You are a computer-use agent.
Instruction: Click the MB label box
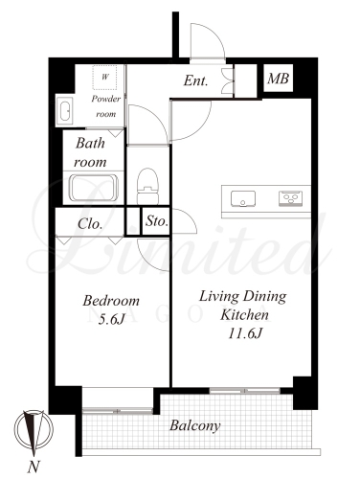coord(279,79)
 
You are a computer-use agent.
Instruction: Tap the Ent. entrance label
coord(195,80)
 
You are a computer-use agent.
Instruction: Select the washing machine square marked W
coord(104,78)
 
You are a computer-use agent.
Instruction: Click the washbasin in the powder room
coord(65,111)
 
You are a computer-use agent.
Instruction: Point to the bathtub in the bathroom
coord(95,188)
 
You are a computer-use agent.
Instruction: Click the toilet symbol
coord(147,186)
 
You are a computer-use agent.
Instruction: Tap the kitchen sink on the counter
coord(243,199)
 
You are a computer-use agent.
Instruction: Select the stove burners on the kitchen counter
coord(290,198)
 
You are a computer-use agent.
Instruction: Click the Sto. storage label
coord(156,221)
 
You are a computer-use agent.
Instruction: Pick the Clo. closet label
coord(90,224)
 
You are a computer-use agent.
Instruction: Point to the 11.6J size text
coord(245,334)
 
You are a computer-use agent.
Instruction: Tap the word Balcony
coord(195,425)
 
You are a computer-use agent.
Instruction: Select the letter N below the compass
coord(34,468)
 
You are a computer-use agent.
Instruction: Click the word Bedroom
coord(111,301)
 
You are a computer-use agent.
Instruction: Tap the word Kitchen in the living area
coord(245,315)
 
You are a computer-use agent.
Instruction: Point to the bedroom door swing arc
coord(150,260)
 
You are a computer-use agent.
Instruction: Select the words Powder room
coord(106,106)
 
